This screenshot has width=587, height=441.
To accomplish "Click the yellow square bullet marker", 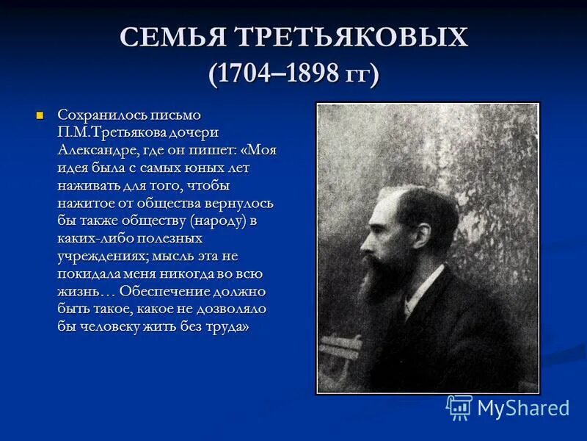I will coord(41,115).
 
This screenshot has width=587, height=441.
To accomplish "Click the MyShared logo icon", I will coord(459,407).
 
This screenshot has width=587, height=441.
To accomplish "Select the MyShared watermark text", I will coord(523,408).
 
